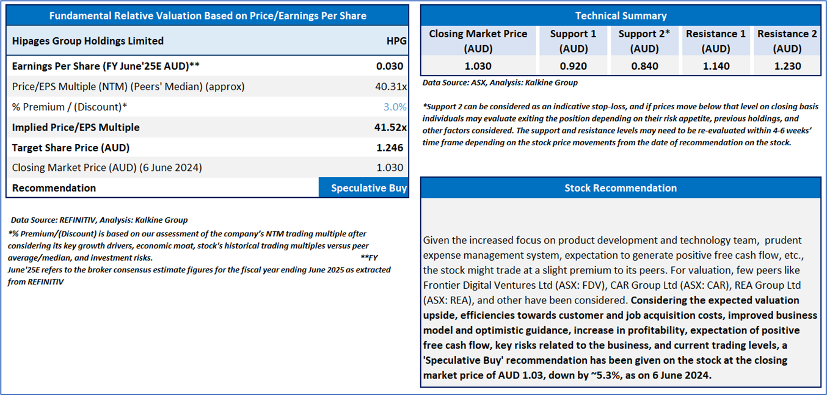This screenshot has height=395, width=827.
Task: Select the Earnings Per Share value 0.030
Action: pos(390,66)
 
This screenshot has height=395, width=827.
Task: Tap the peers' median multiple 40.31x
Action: pos(391,87)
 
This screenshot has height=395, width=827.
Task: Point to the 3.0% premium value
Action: pos(395,107)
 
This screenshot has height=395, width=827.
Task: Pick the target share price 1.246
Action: pos(390,147)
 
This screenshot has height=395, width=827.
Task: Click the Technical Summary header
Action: pos(621,16)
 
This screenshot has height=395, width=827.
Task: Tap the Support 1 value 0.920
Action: pos(572,66)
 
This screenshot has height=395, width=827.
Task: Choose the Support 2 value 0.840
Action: pos(644,66)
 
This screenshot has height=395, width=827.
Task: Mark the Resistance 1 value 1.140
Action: pos(716,66)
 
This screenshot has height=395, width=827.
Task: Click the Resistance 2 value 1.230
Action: pos(787,66)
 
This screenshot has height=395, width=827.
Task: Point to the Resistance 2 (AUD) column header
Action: pos(787,41)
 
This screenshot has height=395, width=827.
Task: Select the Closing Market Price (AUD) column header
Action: pos(478,41)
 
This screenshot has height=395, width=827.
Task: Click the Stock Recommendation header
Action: pos(621,188)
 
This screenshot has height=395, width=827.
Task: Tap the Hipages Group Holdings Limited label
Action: pos(88,41)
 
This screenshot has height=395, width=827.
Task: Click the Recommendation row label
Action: pos(54,188)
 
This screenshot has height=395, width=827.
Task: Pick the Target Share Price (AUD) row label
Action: pos(71,147)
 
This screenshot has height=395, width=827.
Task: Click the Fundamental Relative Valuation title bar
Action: pos(208,16)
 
